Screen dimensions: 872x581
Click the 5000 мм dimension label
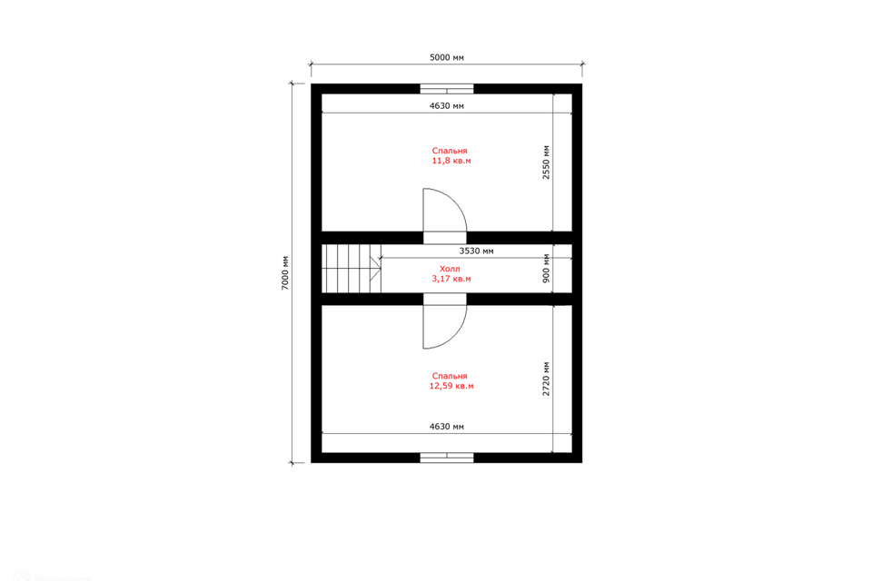[447, 57]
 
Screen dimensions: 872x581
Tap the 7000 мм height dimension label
[284, 272]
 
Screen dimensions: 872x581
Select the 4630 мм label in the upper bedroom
[447, 105]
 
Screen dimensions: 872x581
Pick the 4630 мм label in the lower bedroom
[447, 427]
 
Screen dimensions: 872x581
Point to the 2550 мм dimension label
[546, 162]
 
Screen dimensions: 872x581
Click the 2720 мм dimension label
[546, 379]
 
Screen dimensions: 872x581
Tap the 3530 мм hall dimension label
[476, 251]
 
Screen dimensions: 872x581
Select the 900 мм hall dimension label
[546, 268]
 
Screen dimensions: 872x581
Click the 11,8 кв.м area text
[451, 161]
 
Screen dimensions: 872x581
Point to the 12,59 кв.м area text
[451, 386]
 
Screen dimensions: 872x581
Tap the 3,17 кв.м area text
[451, 279]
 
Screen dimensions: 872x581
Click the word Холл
[450, 269]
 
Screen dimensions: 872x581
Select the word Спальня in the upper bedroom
[450, 151]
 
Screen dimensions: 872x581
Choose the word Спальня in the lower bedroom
[450, 376]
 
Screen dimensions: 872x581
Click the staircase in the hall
[352, 269]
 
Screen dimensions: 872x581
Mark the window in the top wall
[447, 88]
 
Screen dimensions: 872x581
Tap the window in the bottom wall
[447, 458]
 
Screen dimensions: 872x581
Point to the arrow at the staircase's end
[376, 269]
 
